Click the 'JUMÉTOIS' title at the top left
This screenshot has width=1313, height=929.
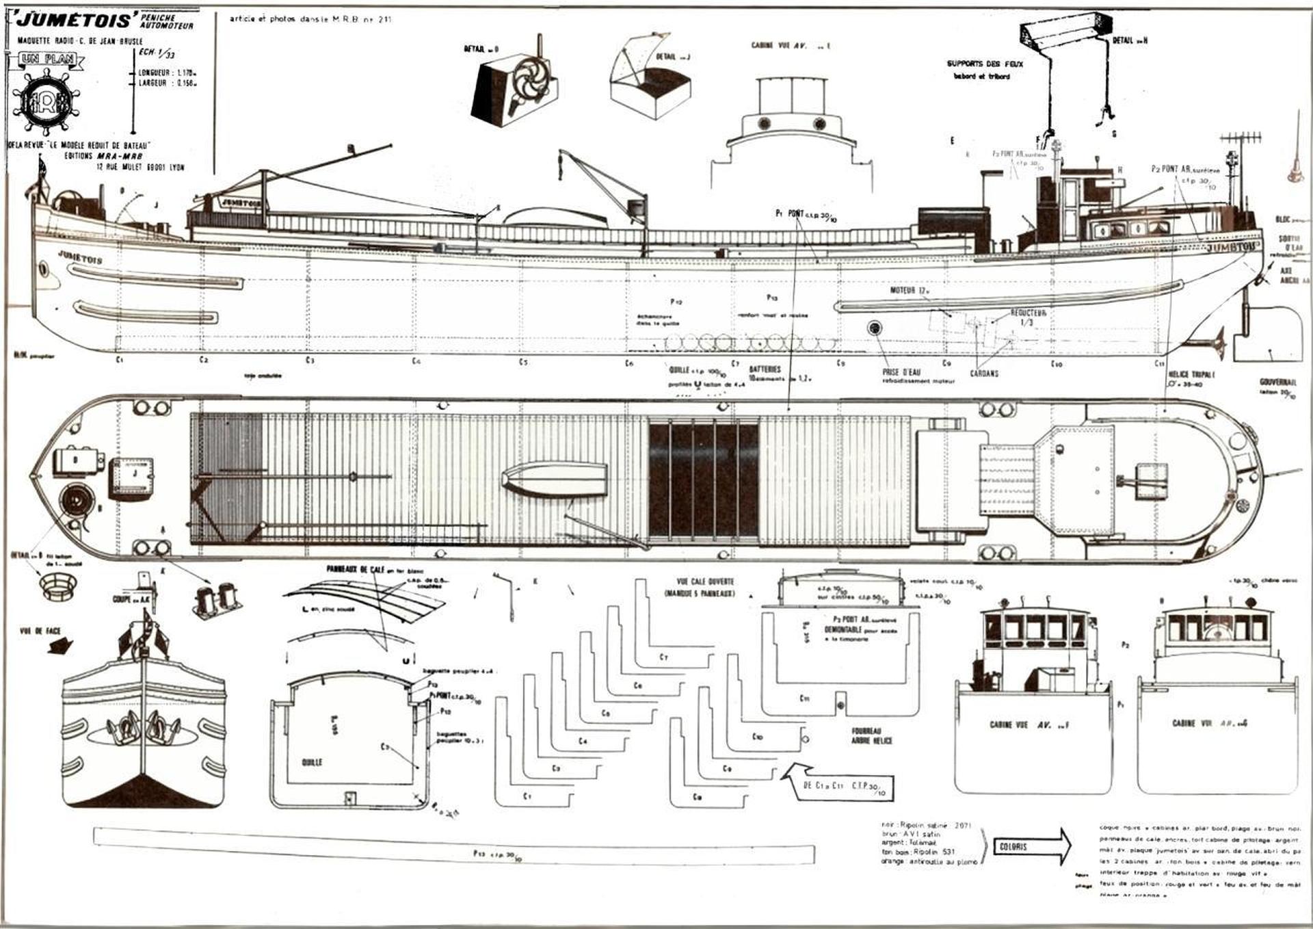(72, 20)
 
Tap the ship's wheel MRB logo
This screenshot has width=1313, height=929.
(46, 101)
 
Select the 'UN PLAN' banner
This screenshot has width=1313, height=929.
(47, 60)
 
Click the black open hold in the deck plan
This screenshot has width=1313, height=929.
(703, 480)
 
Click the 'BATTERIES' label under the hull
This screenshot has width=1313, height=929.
(765, 369)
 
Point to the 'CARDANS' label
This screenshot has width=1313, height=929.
(983, 374)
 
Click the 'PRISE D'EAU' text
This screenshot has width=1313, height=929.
(901, 373)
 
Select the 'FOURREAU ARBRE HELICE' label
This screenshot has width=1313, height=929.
(871, 735)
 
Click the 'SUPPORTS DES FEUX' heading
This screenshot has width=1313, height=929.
(984, 64)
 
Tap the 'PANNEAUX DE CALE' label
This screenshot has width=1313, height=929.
(356, 569)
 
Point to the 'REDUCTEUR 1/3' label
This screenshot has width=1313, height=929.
(1028, 317)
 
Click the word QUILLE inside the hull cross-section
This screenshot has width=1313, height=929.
(312, 762)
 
